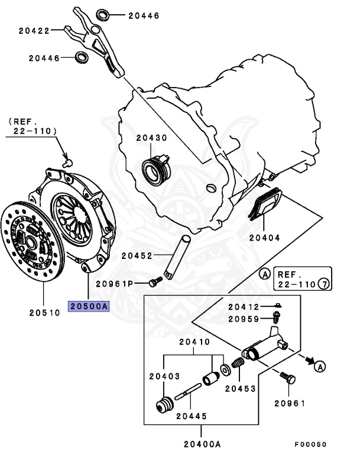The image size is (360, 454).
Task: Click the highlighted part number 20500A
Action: pos(89,306)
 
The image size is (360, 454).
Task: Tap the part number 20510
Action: pos(44,312)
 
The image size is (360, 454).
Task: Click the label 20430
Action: pos(151,137)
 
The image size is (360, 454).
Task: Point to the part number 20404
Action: pos(264,237)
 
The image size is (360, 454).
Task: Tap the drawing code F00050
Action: pos(310,444)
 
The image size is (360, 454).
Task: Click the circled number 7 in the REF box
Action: pos(323,284)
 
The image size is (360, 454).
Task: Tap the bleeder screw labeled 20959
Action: pos(275,320)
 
